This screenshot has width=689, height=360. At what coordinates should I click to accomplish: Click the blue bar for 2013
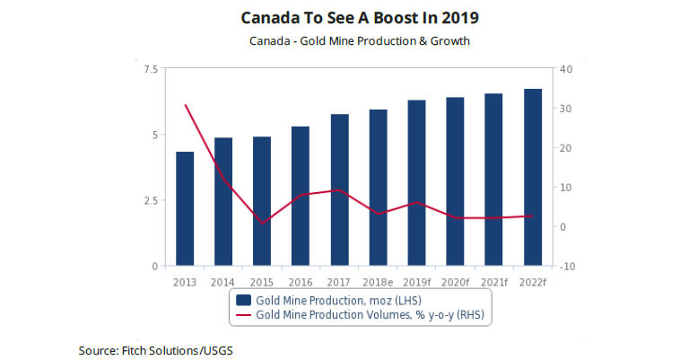(185, 209)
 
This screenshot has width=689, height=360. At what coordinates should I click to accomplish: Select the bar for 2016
(301, 197)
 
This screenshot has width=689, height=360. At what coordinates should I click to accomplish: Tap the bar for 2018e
(378, 188)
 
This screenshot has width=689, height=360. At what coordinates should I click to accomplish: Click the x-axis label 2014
(223, 281)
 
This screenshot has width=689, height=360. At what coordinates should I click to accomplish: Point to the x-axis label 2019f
(416, 281)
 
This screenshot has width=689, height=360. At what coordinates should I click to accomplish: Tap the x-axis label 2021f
(493, 281)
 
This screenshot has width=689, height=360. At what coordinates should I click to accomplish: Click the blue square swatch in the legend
(243, 299)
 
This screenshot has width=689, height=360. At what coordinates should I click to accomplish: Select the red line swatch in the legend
(243, 316)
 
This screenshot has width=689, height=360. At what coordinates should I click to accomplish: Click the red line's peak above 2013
(185, 105)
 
